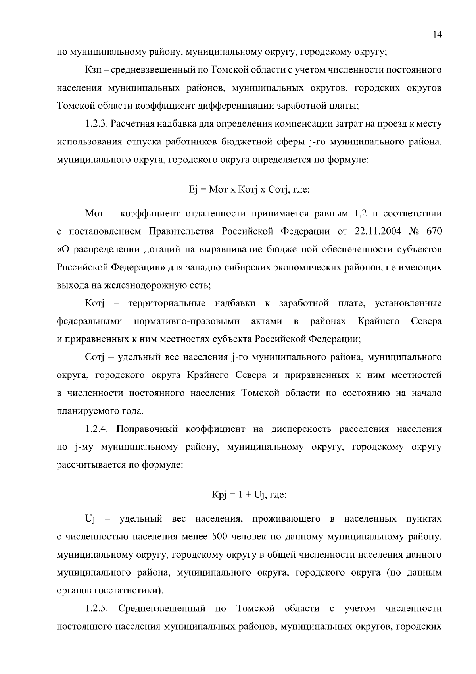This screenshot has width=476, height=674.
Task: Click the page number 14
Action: [437, 35]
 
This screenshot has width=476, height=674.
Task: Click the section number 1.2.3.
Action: [96, 124]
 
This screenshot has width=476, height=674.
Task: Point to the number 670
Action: [434, 231]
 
